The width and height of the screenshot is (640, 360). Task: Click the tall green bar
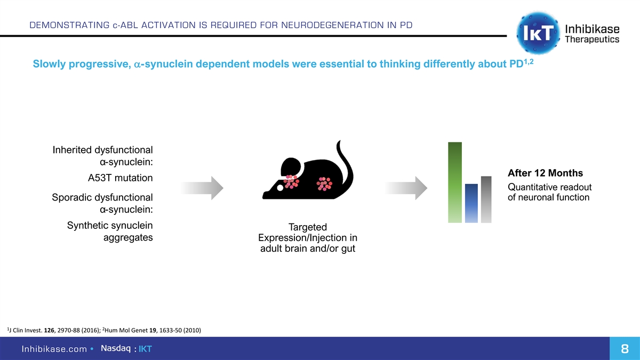455,182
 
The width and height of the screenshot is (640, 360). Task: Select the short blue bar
471,203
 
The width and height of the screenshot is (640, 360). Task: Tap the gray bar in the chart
486,199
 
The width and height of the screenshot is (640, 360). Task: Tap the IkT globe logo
538,33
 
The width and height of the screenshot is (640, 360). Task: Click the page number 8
623,349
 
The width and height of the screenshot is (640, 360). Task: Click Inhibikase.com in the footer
54,349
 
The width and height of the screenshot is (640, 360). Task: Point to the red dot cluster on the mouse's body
324,183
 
